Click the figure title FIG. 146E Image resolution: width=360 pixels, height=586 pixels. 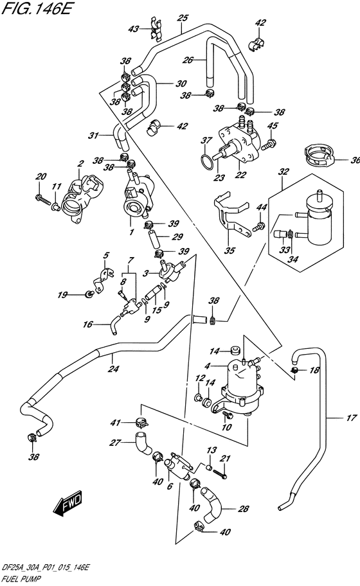coord(36,9)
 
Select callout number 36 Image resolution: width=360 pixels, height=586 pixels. coord(355,161)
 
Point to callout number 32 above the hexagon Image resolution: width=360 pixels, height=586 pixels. coord(283,172)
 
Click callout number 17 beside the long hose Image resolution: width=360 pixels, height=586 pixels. coord(352,418)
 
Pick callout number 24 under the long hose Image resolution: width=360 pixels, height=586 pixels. coord(113,369)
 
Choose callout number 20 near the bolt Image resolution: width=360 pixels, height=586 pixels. coord(42,176)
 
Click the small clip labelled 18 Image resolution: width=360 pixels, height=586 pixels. coord(295,370)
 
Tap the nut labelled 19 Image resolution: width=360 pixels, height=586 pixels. coord(88,295)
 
